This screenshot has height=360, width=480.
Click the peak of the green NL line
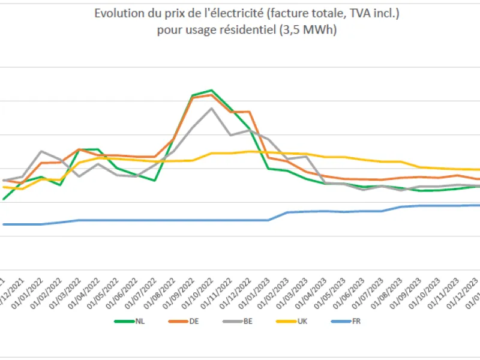click(211, 90)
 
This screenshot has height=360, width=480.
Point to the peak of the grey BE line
click(211, 108)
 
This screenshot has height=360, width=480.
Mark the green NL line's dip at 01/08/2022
click(155, 180)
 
